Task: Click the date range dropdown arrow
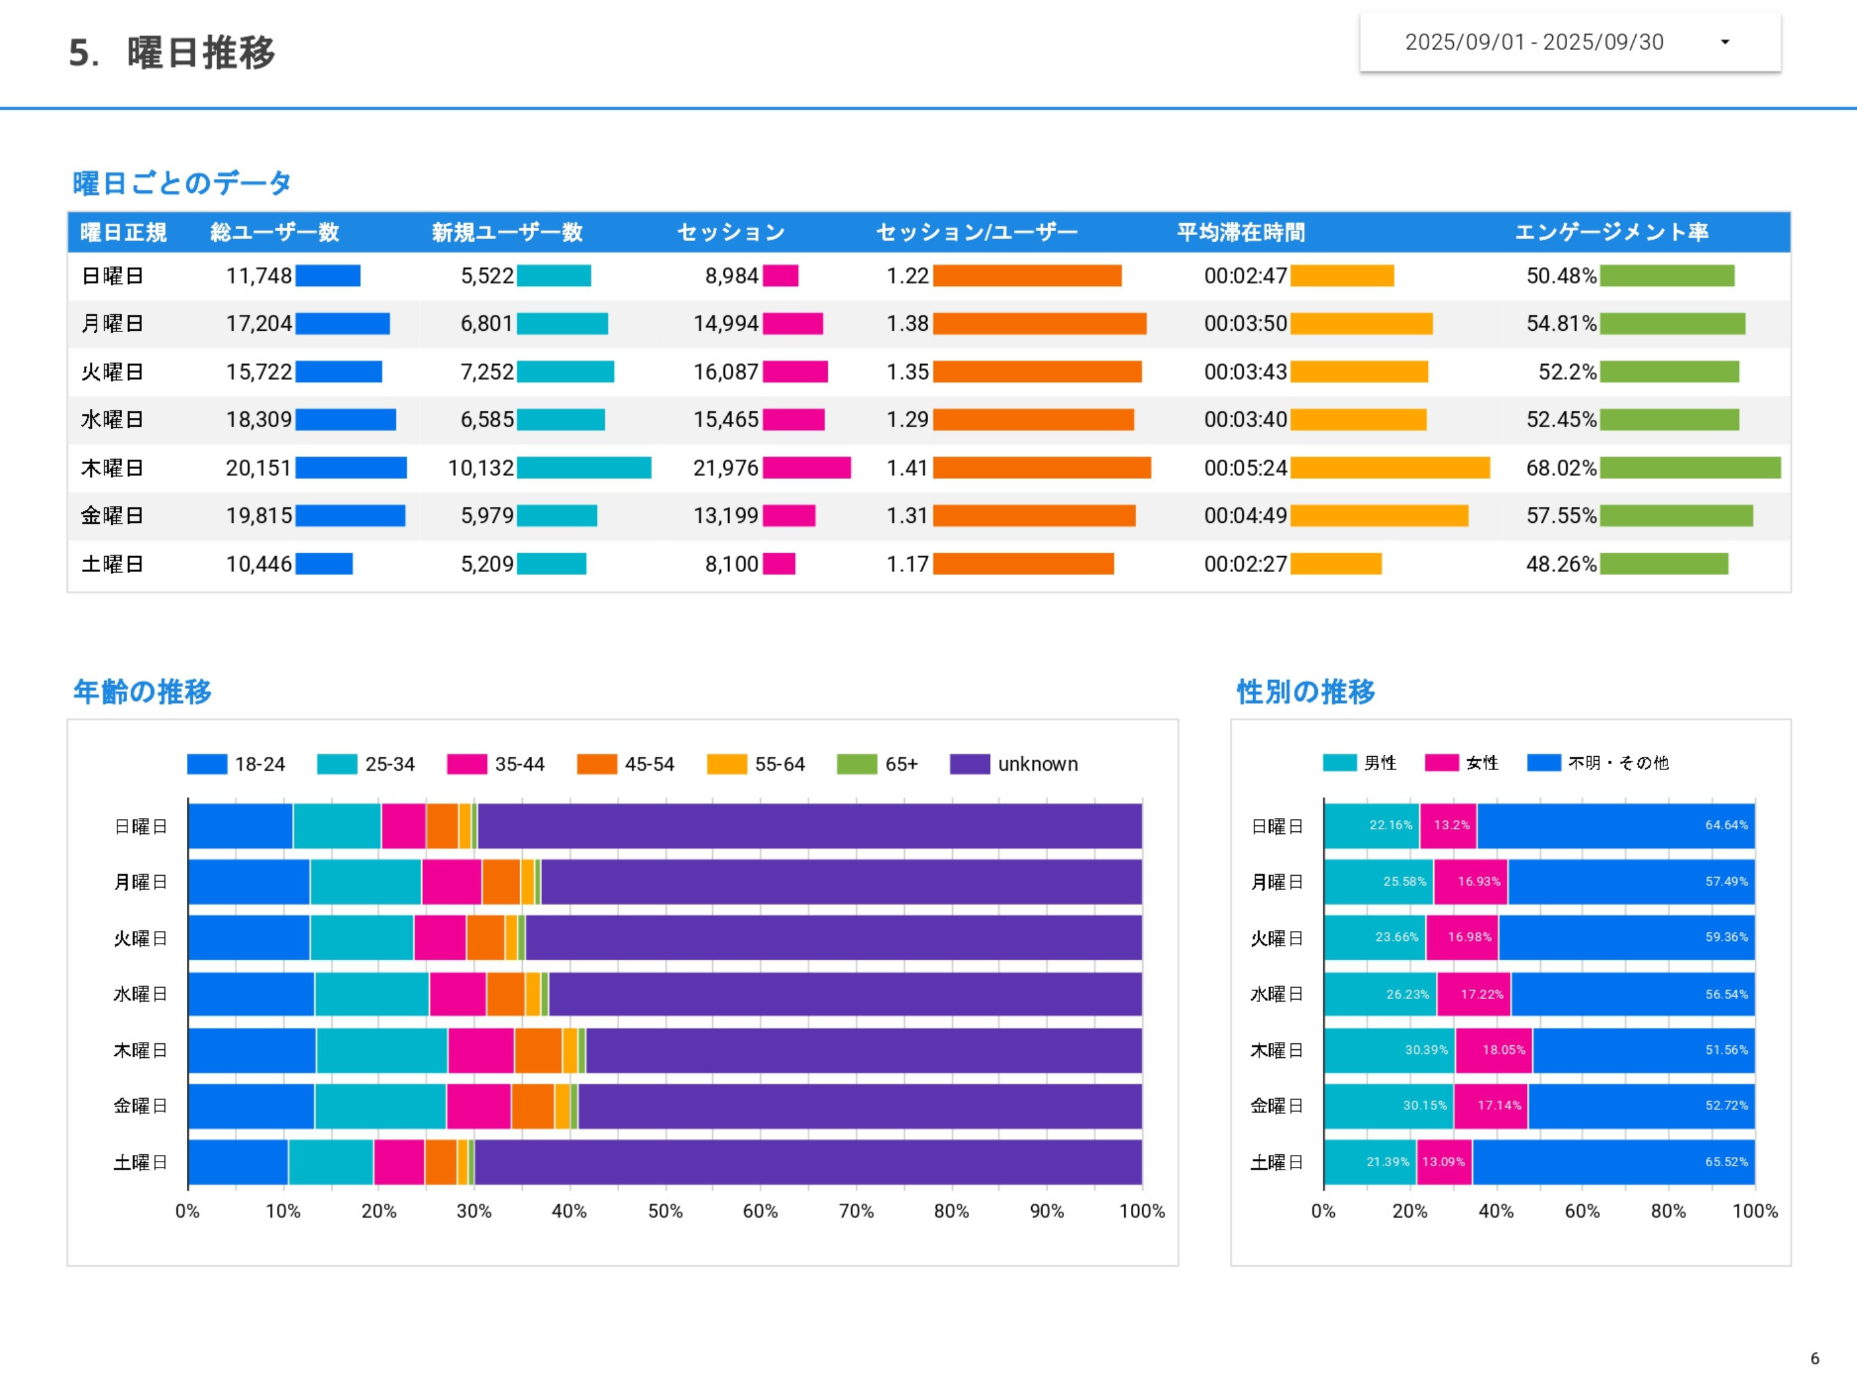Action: pyautogui.click(x=1724, y=42)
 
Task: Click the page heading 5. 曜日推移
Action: pyautogui.click(x=172, y=52)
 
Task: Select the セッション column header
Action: pyautogui.click(x=730, y=232)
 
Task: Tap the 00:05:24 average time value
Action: pyautogui.click(x=1245, y=468)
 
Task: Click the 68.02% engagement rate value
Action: pyautogui.click(x=1560, y=468)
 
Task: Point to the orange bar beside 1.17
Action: pyautogui.click(x=1023, y=563)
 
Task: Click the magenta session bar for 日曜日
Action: pyautogui.click(x=780, y=275)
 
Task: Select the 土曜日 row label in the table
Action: pyautogui.click(x=112, y=563)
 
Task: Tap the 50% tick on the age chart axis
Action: pyautogui.click(x=665, y=1210)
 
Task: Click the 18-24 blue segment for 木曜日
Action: pyautogui.click(x=252, y=1050)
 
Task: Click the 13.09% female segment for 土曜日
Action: pyautogui.click(x=1443, y=1162)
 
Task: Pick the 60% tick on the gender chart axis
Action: pyautogui.click(x=1582, y=1210)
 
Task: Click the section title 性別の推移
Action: pyautogui.click(x=1305, y=691)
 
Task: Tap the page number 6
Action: pyautogui.click(x=1814, y=1358)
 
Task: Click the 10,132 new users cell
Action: pyautogui.click(x=480, y=468)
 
